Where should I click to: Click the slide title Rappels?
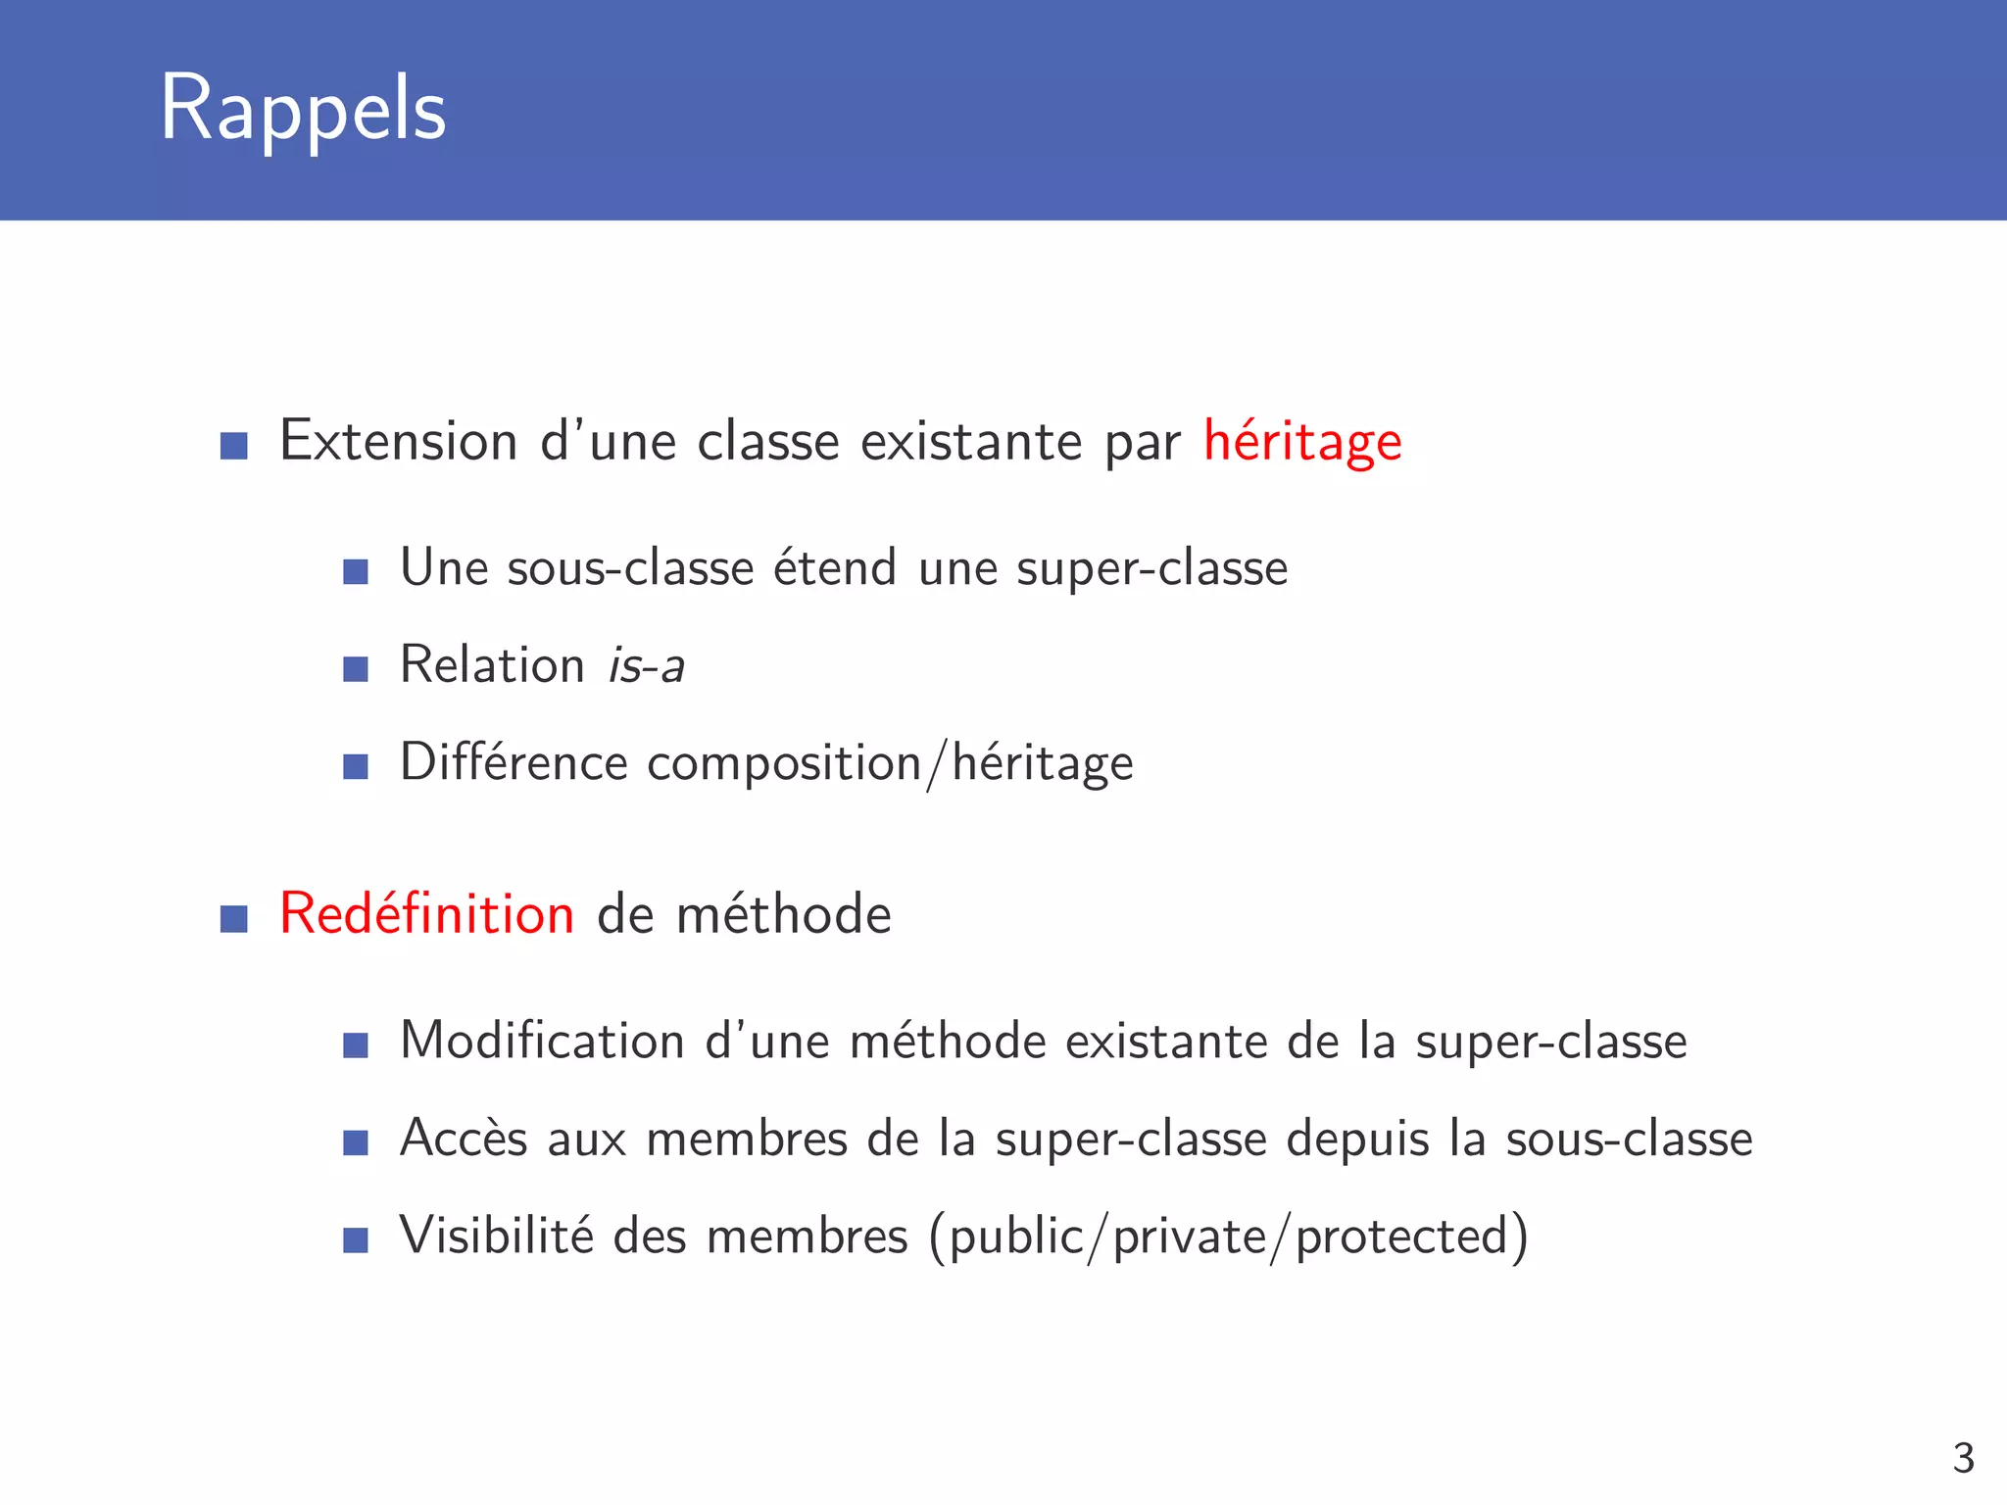pyautogui.click(x=303, y=109)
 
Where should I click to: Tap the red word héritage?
pyautogui.click(x=1302, y=442)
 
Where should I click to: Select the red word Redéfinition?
pyautogui.click(x=426, y=914)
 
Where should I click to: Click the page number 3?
pyautogui.click(x=1963, y=1458)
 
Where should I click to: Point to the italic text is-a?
pyautogui.click(x=646, y=666)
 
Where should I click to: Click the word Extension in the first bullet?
pyautogui.click(x=398, y=441)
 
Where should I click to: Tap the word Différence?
pyautogui.click(x=514, y=762)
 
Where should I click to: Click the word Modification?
pyautogui.click(x=542, y=1041)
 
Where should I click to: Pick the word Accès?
pyautogui.click(x=464, y=1139)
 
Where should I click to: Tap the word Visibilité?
pyautogui.click(x=496, y=1236)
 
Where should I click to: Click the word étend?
pyautogui.click(x=835, y=568)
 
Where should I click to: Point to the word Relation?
pyautogui.click(x=492, y=665)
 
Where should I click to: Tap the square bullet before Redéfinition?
pyautogui.click(x=234, y=919)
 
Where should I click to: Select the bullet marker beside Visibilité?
pyautogui.click(x=356, y=1240)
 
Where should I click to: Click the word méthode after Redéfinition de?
pyautogui.click(x=783, y=914)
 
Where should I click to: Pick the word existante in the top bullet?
pyautogui.click(x=971, y=441)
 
